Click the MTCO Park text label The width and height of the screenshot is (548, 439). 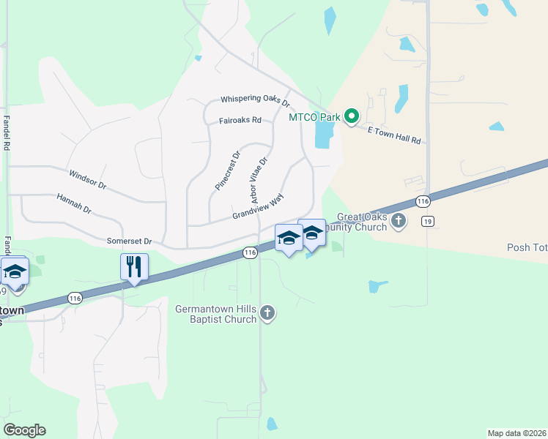click(x=315, y=116)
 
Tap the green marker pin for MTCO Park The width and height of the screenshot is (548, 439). click(x=352, y=116)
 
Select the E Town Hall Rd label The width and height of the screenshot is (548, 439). click(x=396, y=135)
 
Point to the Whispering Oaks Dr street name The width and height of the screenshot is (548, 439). click(x=256, y=100)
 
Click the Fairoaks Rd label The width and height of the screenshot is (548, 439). click(x=240, y=121)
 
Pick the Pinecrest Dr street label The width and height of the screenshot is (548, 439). click(x=227, y=171)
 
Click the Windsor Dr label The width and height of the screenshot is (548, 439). click(x=87, y=180)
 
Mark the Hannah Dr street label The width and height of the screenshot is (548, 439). click(x=73, y=203)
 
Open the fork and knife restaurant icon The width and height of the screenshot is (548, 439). click(x=134, y=266)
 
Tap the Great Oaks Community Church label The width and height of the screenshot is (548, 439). click(x=362, y=222)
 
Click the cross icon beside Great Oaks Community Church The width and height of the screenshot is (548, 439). click(x=399, y=220)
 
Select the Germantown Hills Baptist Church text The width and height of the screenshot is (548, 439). click(x=215, y=314)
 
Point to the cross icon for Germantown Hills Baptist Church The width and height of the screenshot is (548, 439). click(x=267, y=314)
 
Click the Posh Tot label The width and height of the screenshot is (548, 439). click(x=527, y=247)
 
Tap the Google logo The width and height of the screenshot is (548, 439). click(x=24, y=429)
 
